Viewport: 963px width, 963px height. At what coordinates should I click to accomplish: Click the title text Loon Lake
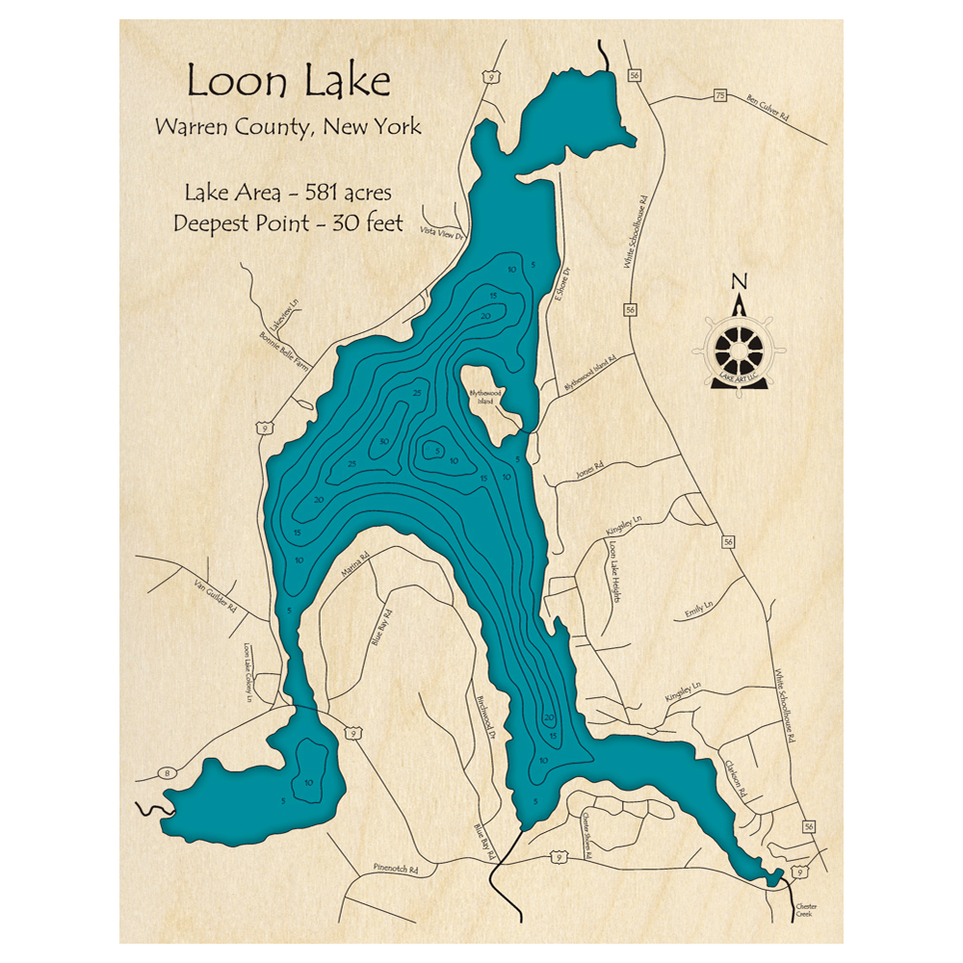[288, 81]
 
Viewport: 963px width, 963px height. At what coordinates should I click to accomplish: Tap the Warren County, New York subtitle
[288, 127]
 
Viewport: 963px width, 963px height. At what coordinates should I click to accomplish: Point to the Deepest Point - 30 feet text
[288, 223]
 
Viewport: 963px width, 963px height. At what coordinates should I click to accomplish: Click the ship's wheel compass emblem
[740, 346]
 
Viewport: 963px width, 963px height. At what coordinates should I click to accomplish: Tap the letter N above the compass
[740, 281]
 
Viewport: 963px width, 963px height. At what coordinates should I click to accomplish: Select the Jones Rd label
[589, 468]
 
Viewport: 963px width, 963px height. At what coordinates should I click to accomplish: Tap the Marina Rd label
[355, 563]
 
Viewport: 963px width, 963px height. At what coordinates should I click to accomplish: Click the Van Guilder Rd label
[214, 591]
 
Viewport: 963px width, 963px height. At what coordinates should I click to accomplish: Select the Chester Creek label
[804, 910]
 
